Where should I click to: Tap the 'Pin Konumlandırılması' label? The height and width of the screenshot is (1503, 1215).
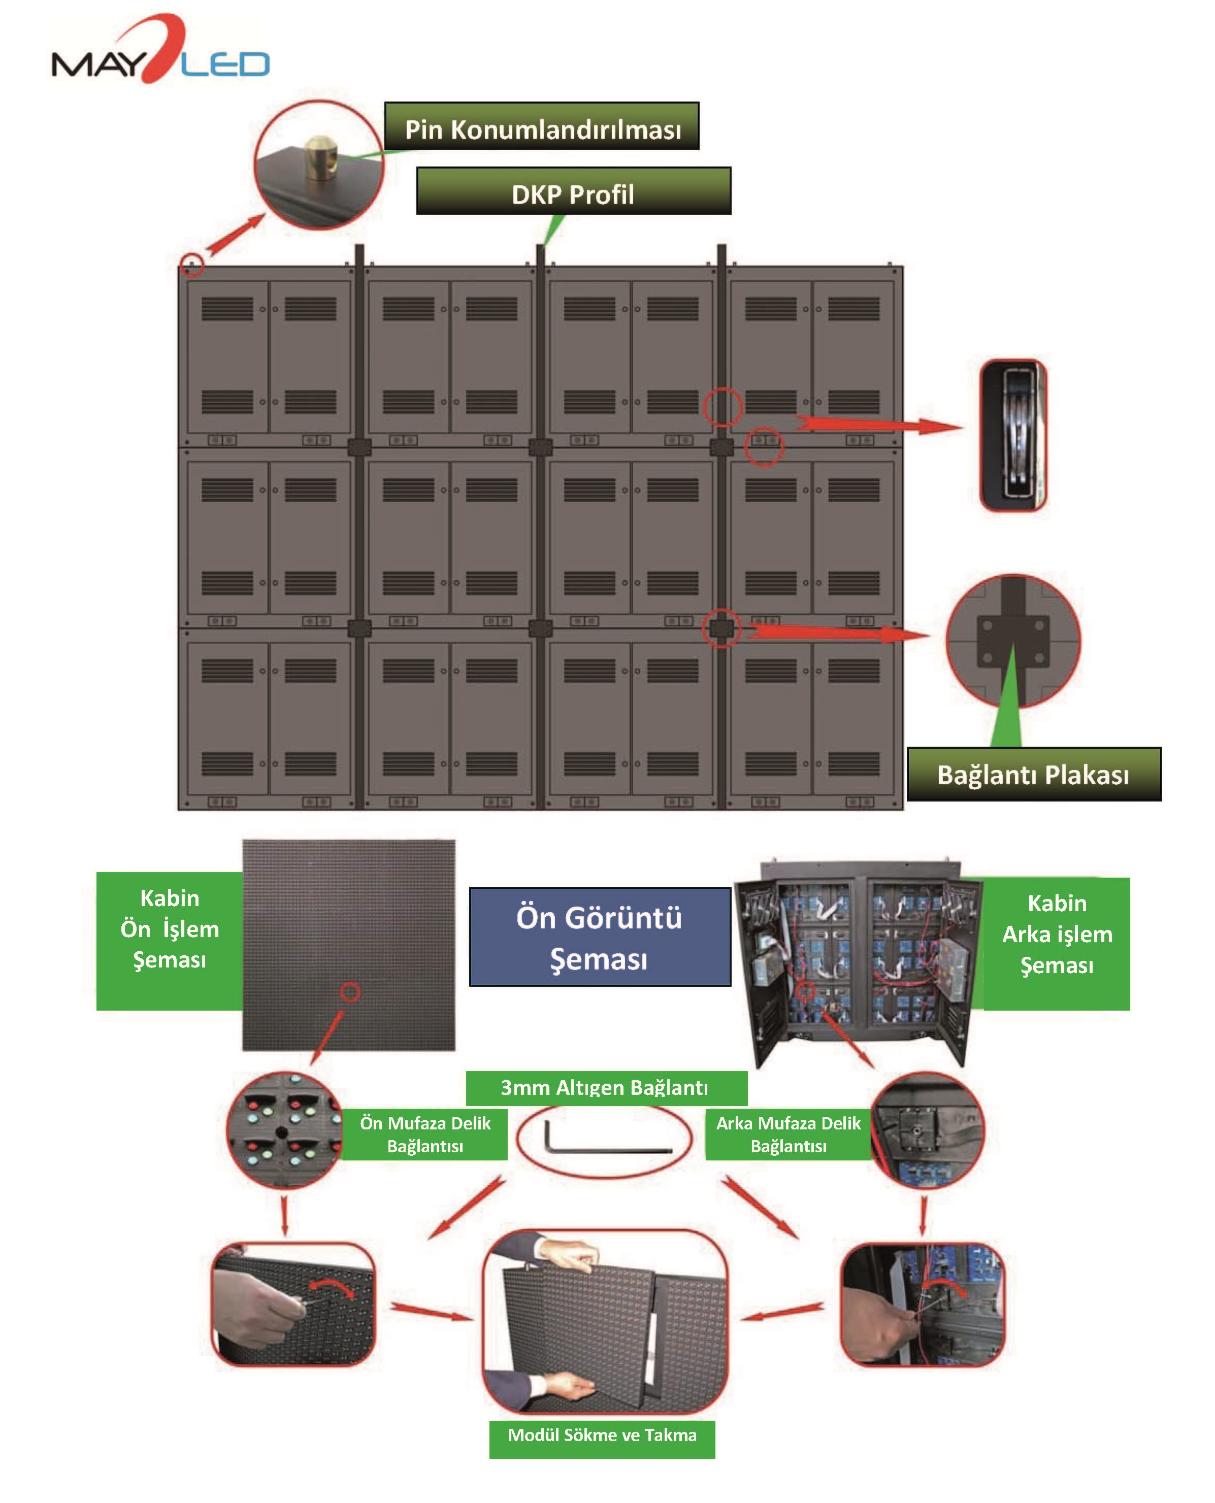[542, 127]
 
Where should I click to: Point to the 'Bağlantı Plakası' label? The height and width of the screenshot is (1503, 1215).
[1033, 775]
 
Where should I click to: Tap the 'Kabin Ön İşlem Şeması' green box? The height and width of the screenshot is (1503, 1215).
[170, 929]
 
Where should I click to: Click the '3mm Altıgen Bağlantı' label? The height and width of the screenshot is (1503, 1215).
[605, 1087]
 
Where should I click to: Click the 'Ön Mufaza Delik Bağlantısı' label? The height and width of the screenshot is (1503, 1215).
[425, 1134]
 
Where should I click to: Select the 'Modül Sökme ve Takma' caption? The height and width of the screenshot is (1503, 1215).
[602, 1435]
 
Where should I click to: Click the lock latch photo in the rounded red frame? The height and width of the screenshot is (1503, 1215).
[1013, 435]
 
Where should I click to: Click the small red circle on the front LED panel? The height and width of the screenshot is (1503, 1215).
[350, 991]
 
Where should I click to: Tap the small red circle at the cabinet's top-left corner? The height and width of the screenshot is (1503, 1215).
[192, 265]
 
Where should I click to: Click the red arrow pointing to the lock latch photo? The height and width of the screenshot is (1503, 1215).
[878, 425]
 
